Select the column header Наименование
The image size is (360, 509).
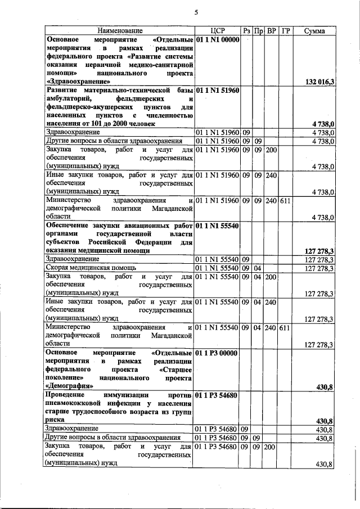click(x=119, y=30)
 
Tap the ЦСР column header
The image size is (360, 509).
click(x=217, y=30)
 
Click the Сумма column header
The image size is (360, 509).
click(x=314, y=30)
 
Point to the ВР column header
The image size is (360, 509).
click(x=271, y=30)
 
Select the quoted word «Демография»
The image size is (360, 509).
click(x=70, y=386)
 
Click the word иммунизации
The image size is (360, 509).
click(x=125, y=395)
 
